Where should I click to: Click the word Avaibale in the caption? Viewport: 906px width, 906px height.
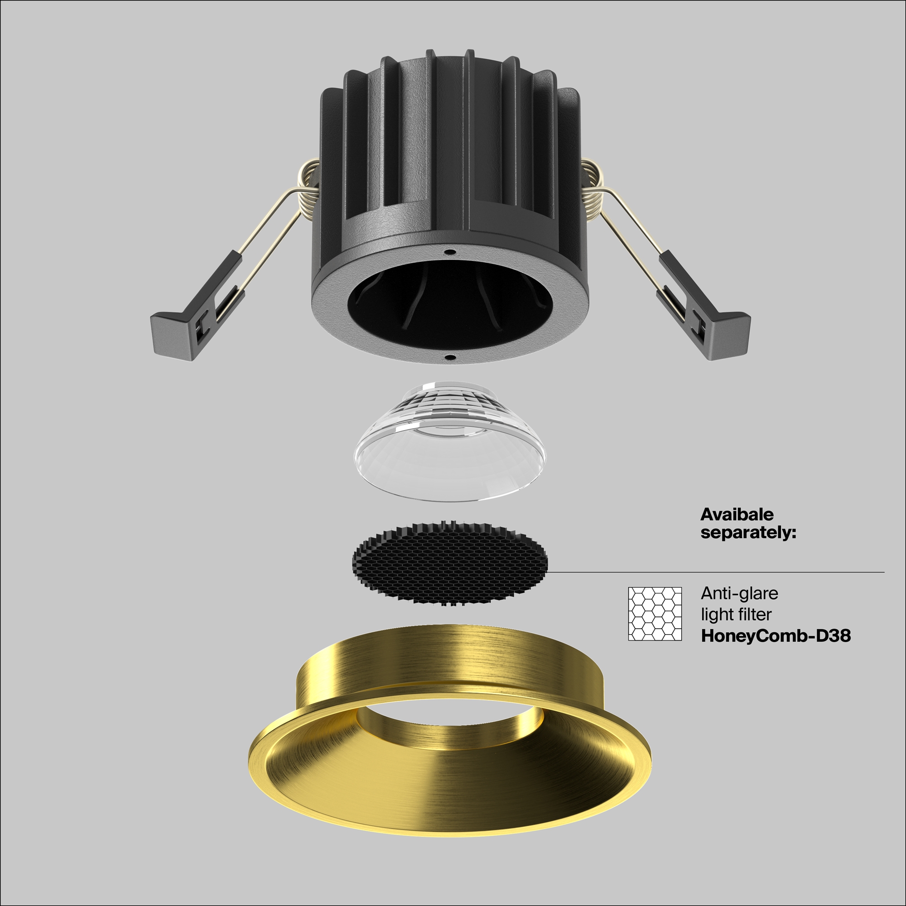(737, 515)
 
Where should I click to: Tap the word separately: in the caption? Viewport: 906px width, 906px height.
(748, 533)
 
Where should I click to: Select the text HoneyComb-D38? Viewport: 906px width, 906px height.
(776, 636)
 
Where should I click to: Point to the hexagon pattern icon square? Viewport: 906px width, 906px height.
(655, 614)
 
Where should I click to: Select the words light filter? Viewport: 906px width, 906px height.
(736, 615)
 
